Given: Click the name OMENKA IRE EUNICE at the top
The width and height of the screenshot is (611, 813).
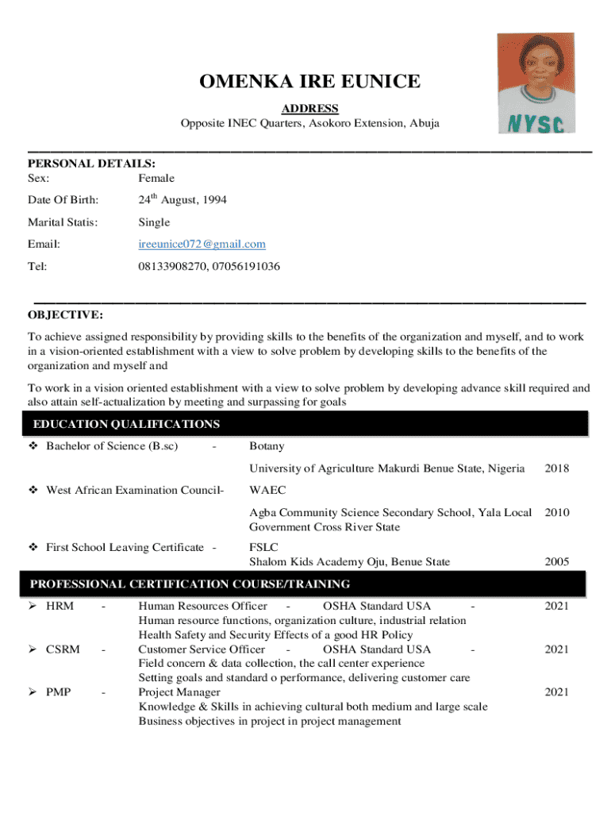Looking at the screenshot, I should [x=309, y=82].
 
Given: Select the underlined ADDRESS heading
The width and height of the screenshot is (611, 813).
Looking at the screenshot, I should [x=310, y=108].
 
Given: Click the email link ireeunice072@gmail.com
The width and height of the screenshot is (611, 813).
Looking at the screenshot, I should [x=202, y=244].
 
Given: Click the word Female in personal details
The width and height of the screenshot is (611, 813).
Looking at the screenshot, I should [x=156, y=178].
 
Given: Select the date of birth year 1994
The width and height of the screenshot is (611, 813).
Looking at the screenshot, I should [x=213, y=200].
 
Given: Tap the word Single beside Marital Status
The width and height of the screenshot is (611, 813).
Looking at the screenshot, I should [x=154, y=222].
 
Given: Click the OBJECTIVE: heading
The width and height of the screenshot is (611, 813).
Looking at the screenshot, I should [x=65, y=314].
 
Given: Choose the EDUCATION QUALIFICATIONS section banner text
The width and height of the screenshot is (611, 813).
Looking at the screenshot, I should [x=126, y=424].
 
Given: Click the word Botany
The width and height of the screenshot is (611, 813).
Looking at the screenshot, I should [x=267, y=446].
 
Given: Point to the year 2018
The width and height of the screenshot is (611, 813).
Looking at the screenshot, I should [x=556, y=468].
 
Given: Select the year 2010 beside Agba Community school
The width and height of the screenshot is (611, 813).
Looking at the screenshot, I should [x=556, y=513].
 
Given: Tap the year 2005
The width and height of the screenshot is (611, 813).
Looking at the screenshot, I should [x=556, y=562].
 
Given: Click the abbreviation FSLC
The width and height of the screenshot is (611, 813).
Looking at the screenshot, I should [x=264, y=547].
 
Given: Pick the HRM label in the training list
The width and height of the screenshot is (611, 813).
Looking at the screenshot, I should [x=60, y=606].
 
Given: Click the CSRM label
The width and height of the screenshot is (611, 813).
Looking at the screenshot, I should [x=63, y=649].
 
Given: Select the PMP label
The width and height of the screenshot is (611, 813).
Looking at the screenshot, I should [x=59, y=692].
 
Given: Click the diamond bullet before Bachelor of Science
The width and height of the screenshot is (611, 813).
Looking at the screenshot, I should [x=33, y=446].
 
